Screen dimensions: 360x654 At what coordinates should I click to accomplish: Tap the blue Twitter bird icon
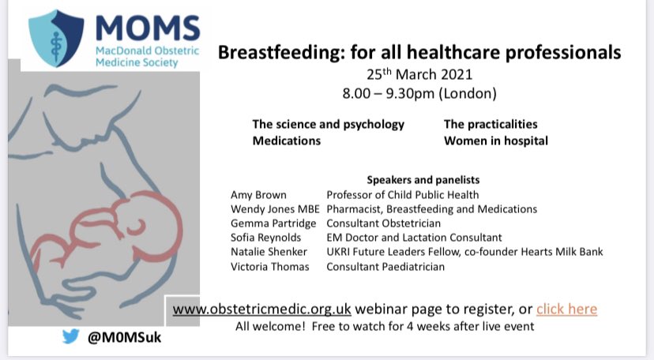71,336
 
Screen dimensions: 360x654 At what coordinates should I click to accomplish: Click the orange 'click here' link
566,308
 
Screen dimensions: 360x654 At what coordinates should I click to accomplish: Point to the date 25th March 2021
419,76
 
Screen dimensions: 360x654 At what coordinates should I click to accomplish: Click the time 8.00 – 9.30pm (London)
419,93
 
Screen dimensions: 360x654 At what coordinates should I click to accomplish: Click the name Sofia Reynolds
265,238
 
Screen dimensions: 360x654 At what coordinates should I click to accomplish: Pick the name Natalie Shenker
267,252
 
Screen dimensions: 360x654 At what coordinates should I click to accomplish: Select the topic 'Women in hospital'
495,141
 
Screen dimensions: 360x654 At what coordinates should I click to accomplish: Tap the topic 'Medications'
287,141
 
